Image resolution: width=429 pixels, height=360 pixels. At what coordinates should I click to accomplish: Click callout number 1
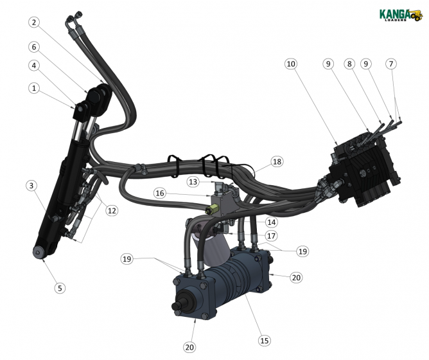tap(34, 87)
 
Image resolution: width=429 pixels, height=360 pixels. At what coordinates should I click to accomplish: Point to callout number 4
tap(34, 65)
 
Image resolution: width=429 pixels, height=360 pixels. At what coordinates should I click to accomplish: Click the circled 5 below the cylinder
tap(60, 288)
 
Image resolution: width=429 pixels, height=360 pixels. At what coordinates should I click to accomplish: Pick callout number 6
tap(34, 46)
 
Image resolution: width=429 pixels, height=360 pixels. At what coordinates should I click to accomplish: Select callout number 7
tap(391, 64)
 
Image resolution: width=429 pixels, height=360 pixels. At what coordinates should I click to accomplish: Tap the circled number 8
tap(349, 64)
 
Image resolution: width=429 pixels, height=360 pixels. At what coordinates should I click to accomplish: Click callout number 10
tap(291, 64)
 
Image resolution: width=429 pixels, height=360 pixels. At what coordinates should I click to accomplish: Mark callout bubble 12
tap(112, 211)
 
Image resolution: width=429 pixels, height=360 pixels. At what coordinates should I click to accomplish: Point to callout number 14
tap(272, 222)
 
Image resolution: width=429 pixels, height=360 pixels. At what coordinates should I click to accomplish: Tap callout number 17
tap(272, 235)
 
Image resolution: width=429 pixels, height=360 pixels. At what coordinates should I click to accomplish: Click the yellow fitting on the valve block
tap(211, 210)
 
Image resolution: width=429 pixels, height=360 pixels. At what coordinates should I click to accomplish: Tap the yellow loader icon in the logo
tap(417, 14)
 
